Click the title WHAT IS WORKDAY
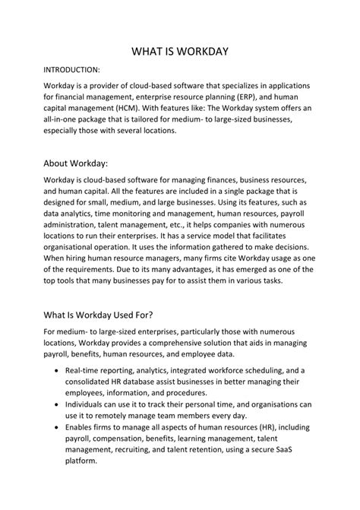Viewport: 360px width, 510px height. [180, 52]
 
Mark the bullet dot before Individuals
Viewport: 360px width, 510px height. [59, 404]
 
